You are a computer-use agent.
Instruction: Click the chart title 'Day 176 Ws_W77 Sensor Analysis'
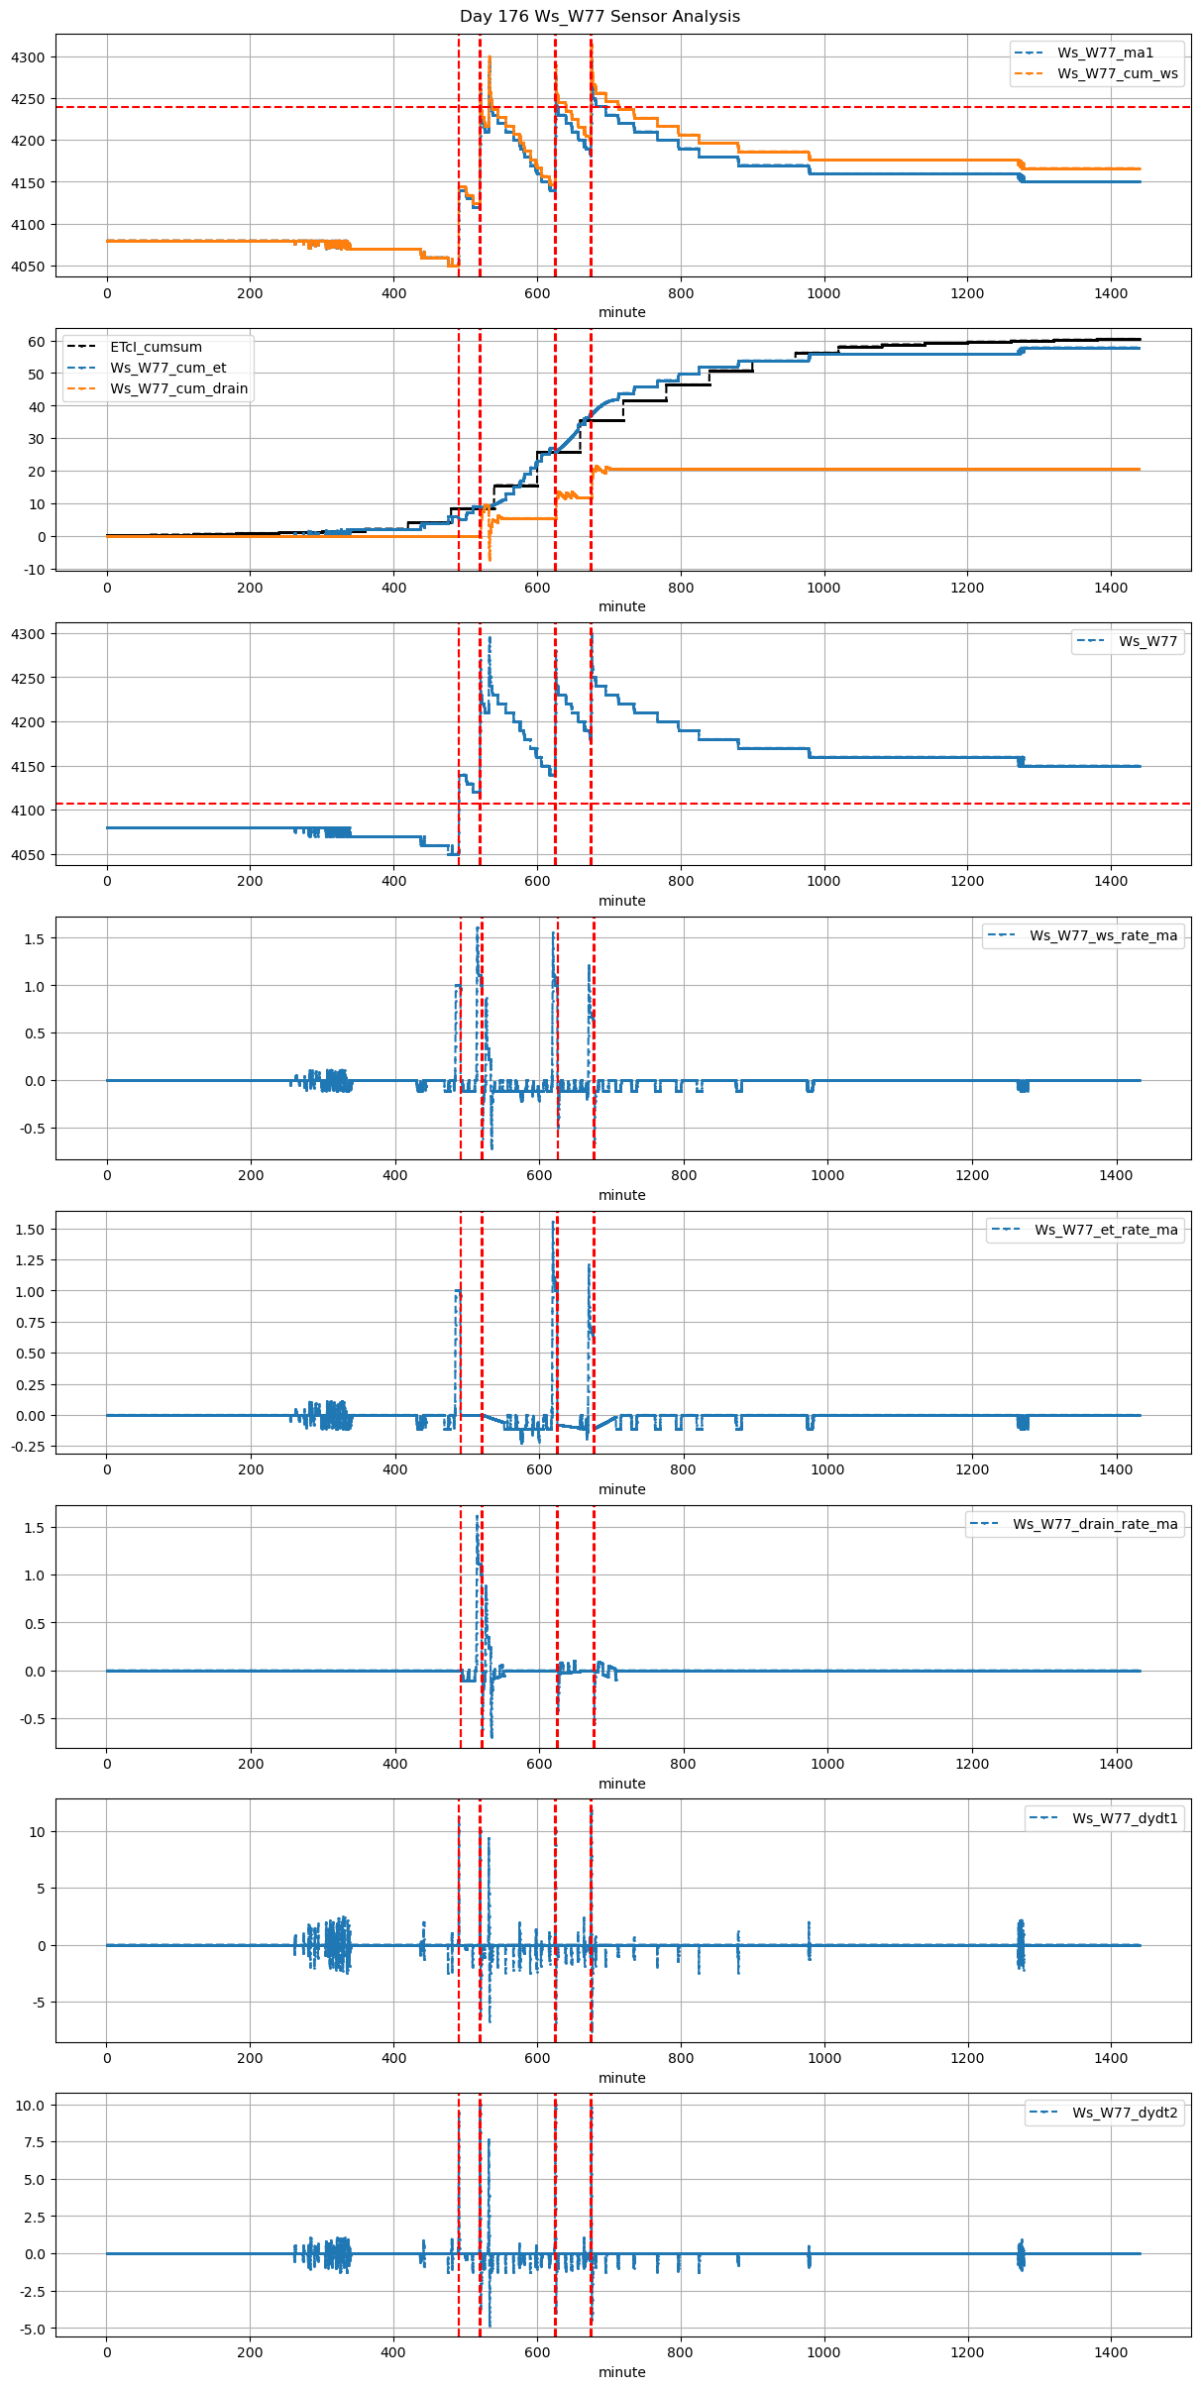pyautogui.click(x=600, y=17)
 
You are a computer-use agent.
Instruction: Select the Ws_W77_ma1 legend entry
pyautogui.click(x=1105, y=53)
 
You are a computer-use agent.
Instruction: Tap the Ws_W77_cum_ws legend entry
pyautogui.click(x=1117, y=73)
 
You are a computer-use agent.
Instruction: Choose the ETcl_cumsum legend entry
pyautogui.click(x=156, y=347)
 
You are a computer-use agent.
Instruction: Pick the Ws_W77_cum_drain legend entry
pyautogui.click(x=178, y=388)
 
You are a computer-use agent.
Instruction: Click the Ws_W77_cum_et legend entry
pyautogui.click(x=167, y=368)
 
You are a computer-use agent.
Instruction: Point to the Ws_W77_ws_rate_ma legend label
pyautogui.click(x=1103, y=935)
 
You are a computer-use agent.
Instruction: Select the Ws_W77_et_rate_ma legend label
pyautogui.click(x=1106, y=1230)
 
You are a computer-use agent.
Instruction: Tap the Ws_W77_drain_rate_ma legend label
pyautogui.click(x=1095, y=1524)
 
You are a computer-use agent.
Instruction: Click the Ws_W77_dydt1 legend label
pyautogui.click(x=1125, y=1818)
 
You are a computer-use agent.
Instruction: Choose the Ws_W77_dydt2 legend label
pyautogui.click(x=1125, y=2113)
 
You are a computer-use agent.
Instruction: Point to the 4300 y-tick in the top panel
pyautogui.click(x=28, y=57)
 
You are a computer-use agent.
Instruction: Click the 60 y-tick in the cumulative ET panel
pyautogui.click(x=37, y=342)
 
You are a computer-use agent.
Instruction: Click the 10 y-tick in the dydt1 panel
pyautogui.click(x=38, y=1832)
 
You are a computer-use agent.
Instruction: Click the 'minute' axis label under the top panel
pyautogui.click(x=621, y=312)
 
